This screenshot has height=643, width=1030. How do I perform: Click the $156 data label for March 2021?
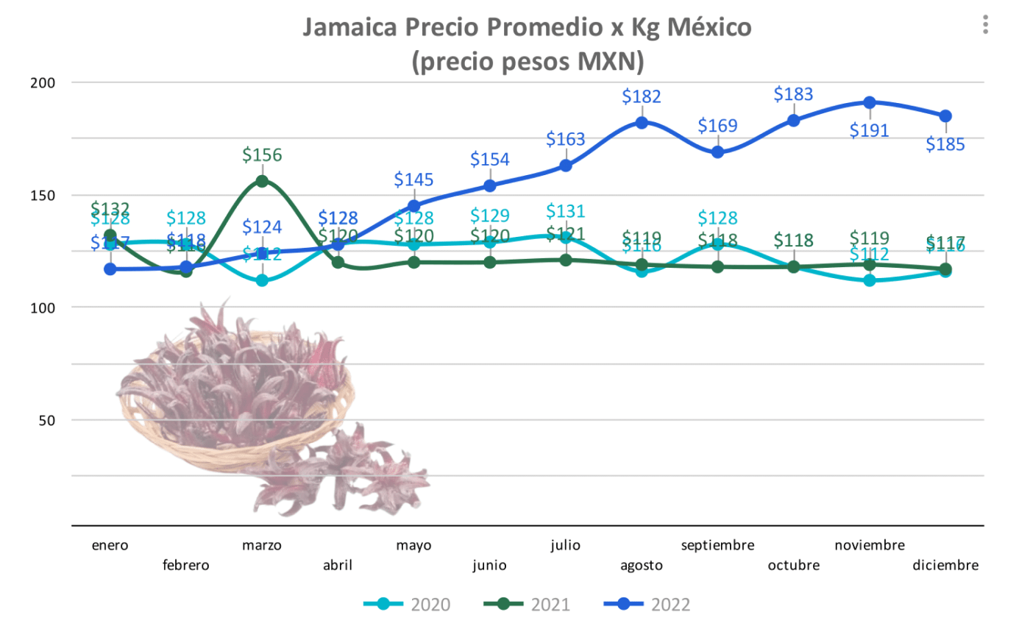[262, 155]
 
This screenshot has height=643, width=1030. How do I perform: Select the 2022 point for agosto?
[642, 123]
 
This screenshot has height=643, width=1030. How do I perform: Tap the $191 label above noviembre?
[869, 131]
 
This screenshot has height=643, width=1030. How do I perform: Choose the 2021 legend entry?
[527, 605]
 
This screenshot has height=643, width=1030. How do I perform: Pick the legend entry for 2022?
[647, 605]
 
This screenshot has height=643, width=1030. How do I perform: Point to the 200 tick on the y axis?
[43, 83]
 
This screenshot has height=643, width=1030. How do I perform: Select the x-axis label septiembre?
[717, 545]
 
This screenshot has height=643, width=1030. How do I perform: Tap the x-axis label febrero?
[185, 565]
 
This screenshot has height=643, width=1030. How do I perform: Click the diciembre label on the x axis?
[945, 565]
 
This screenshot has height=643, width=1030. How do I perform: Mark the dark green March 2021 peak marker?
[262, 182]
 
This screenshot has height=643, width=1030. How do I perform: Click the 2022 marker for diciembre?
[945, 116]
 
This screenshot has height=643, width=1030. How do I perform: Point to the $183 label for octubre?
[793, 94]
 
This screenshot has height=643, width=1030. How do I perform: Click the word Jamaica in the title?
[350, 27]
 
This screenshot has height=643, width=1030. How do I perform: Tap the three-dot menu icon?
[985, 24]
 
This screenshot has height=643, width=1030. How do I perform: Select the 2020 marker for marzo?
[262, 280]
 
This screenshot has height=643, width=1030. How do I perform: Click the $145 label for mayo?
[413, 180]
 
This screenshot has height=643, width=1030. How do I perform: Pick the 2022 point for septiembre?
[717, 152]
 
